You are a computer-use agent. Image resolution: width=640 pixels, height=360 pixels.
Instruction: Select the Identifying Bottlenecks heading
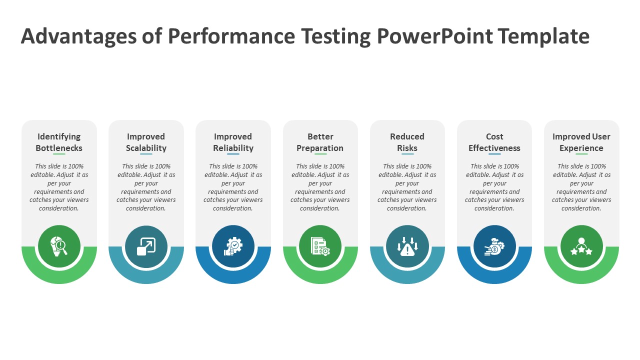coord(59,142)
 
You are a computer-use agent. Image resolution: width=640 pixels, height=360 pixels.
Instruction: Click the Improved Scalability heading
coord(146,142)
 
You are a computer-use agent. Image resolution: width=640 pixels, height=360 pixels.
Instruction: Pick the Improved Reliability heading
coord(233,142)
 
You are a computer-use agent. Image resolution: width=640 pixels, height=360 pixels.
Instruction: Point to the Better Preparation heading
coord(320,142)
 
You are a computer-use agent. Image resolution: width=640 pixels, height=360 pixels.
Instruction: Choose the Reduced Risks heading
coord(407,142)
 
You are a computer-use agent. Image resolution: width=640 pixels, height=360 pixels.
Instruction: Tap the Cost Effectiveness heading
coord(494,142)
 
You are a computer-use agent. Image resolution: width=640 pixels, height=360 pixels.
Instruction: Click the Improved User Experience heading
coord(581,142)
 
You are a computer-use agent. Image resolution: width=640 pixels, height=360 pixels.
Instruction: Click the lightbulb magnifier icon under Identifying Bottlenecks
coord(59,246)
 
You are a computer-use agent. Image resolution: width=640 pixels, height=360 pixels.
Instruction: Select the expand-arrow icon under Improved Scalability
coord(146,246)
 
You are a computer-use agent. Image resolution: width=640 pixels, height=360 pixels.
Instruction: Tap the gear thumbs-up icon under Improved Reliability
coord(233,246)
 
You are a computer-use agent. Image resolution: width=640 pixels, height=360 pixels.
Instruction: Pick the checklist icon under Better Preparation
coord(320,246)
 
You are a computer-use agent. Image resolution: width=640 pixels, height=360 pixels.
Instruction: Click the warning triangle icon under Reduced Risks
coord(407,246)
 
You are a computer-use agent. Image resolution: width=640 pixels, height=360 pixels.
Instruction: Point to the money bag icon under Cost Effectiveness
coord(494,246)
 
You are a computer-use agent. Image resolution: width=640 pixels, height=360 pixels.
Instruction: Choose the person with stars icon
coord(581,246)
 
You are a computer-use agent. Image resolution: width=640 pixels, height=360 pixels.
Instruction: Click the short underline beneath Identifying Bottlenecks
coord(59,154)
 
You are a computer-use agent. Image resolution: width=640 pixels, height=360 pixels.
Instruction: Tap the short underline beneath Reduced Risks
coord(407,154)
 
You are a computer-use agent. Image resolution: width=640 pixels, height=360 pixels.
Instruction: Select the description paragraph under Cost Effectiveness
coord(494,187)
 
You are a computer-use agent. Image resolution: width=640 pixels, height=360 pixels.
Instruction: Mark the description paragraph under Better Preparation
coord(320,187)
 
